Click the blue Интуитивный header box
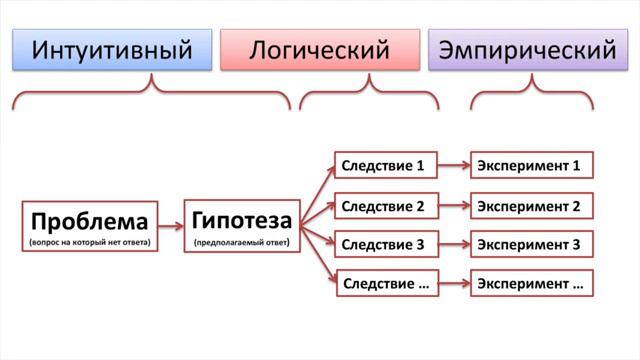pos(112,49)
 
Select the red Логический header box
pos(319,49)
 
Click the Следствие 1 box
pos(385,164)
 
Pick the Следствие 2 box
pos(385,207)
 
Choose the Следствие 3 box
pos(385,244)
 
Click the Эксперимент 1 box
pos(531,164)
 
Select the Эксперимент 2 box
pos(531,207)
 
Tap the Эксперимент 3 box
pos(531,244)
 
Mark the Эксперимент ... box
pos(531,284)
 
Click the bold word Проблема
pos(89,221)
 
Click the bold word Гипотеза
pos(241,219)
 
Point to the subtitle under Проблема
pos(89,242)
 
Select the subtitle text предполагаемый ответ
pos(241,242)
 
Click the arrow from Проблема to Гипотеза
pos(171,227)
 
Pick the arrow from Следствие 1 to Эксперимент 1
pos(454,164)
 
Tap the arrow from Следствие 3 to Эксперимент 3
pos(454,244)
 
